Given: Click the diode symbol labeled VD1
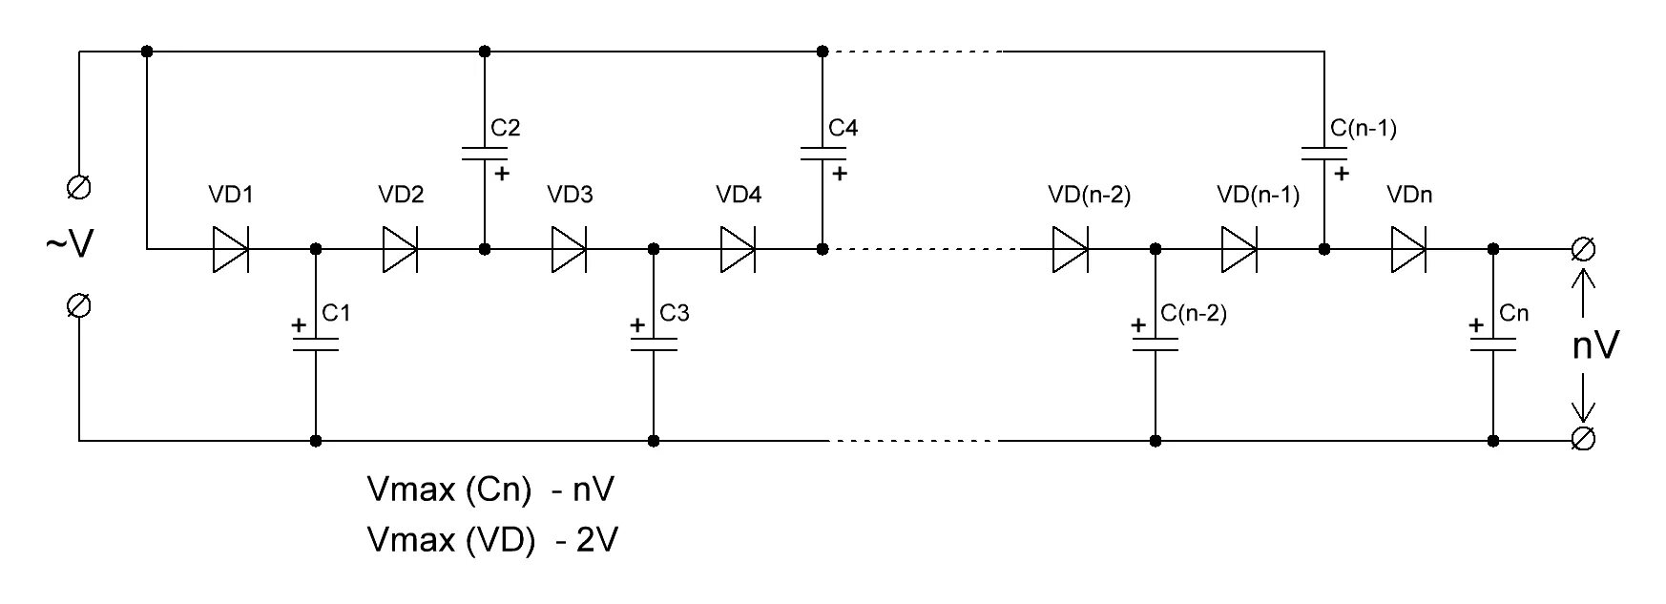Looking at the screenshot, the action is click(230, 249).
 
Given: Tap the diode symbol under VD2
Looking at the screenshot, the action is click(400, 249).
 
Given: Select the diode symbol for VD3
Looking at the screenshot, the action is click(569, 249).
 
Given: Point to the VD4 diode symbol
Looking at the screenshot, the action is click(739, 249).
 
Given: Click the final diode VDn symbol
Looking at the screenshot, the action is click(1408, 249).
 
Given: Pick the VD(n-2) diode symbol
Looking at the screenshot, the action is click(1071, 249).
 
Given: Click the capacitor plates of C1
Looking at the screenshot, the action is click(316, 344).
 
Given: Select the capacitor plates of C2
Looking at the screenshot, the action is click(485, 154).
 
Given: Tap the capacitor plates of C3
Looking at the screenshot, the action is click(654, 344).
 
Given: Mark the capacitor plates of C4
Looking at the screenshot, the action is click(823, 154).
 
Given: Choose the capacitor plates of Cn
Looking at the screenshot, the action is click(1493, 344).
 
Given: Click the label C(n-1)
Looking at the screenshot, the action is click(1364, 128).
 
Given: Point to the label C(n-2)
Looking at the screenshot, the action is click(1194, 313).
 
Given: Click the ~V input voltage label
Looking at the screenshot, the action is click(70, 245).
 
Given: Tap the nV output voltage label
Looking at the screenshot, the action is click(1595, 344).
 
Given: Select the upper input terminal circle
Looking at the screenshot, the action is click(80, 187).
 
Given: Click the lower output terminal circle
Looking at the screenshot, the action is click(1583, 439).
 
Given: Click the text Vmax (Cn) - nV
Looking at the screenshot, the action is click(490, 489).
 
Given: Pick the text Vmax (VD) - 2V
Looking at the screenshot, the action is click(492, 540).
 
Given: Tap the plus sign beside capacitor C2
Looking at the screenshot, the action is click(502, 174).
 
